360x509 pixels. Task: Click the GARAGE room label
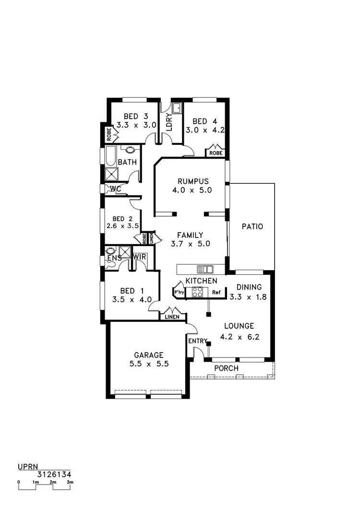coord(149,355)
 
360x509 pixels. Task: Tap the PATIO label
coord(252,226)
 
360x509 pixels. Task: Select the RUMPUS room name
coord(193,181)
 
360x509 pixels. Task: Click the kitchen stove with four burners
coord(198,292)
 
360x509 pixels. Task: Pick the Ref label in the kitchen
coord(216,292)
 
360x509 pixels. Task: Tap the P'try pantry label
coord(179,292)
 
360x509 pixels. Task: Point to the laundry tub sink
coord(177,108)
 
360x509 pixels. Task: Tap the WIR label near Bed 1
coord(140,258)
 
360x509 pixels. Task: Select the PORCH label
coord(226,368)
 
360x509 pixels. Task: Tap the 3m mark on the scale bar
coord(70,482)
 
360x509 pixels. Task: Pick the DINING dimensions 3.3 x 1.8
coord(246,296)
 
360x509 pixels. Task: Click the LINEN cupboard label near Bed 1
coord(172,317)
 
